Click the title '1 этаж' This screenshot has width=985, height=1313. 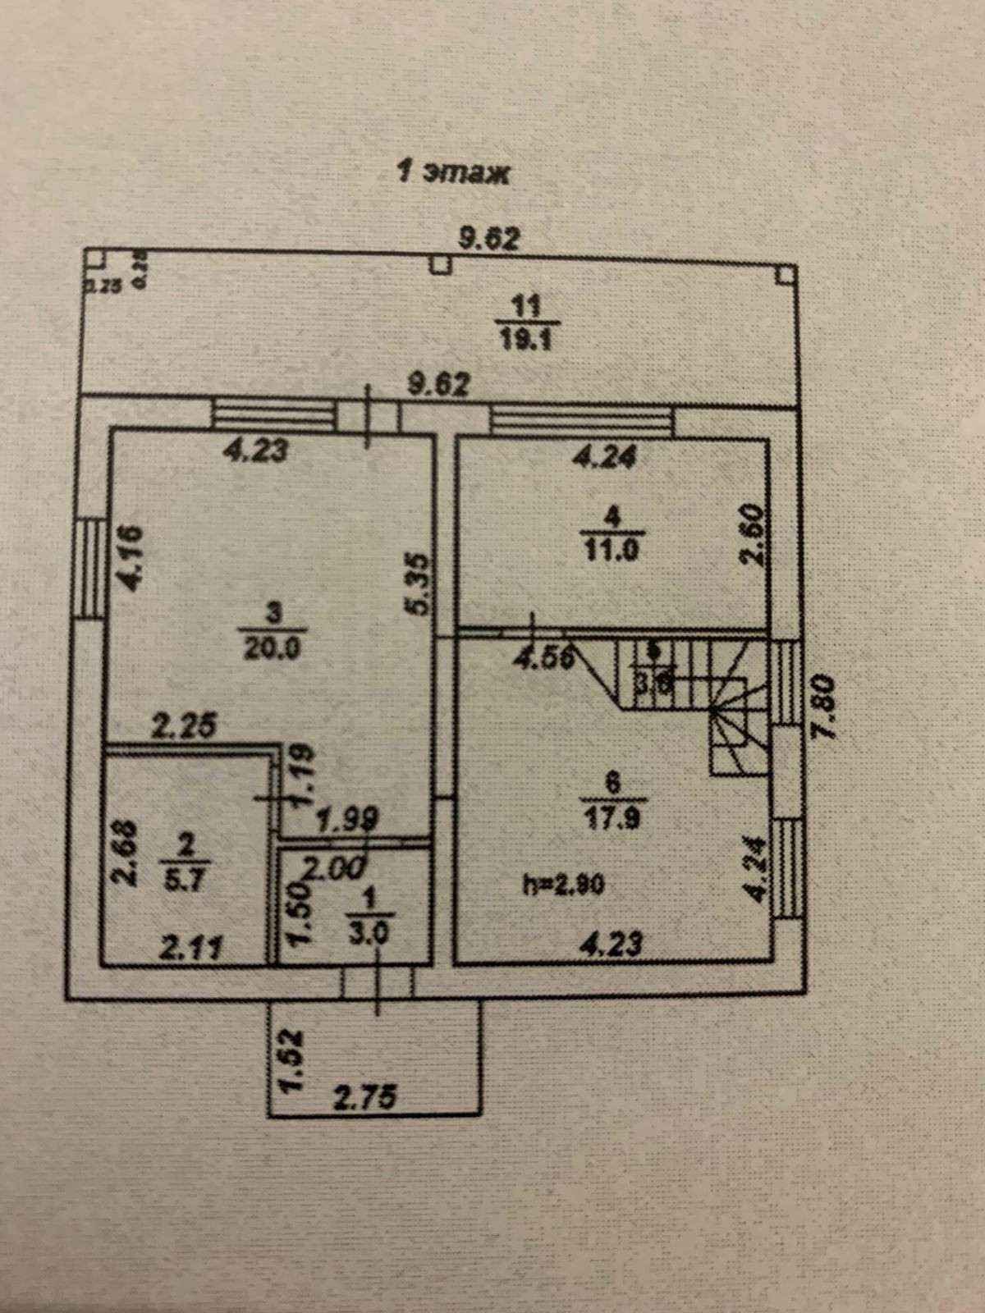pos(452,173)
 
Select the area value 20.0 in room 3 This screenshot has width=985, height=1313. pos(273,648)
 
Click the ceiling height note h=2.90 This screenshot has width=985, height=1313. pos(565,884)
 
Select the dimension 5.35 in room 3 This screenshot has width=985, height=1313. pos(419,584)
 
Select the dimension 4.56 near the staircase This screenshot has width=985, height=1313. pos(543,658)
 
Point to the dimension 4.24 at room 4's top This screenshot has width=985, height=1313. pos(607,457)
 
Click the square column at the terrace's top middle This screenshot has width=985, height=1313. pos(442,264)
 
